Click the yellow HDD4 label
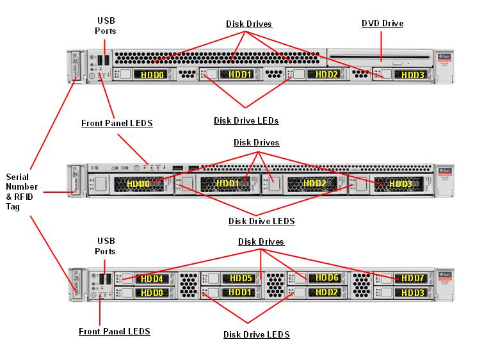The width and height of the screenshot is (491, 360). click(x=152, y=279)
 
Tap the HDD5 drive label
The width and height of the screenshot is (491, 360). click(x=241, y=278)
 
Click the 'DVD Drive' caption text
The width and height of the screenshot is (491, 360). click(x=382, y=24)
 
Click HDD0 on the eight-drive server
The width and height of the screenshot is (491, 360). click(x=152, y=293)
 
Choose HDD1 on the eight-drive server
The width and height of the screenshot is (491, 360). click(x=239, y=293)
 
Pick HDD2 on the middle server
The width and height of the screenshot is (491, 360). click(x=314, y=184)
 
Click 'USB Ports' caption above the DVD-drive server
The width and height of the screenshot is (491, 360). click(x=106, y=26)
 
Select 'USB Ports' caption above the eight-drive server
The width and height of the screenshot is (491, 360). click(x=106, y=246)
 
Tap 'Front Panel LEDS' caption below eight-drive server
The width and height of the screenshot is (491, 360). click(x=115, y=332)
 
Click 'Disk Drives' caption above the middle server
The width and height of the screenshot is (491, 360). click(x=256, y=142)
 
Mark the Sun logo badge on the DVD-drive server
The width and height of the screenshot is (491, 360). click(x=444, y=58)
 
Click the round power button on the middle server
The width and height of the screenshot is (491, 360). click(x=137, y=168)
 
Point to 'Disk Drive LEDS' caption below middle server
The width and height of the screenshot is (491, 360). click(x=262, y=222)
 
